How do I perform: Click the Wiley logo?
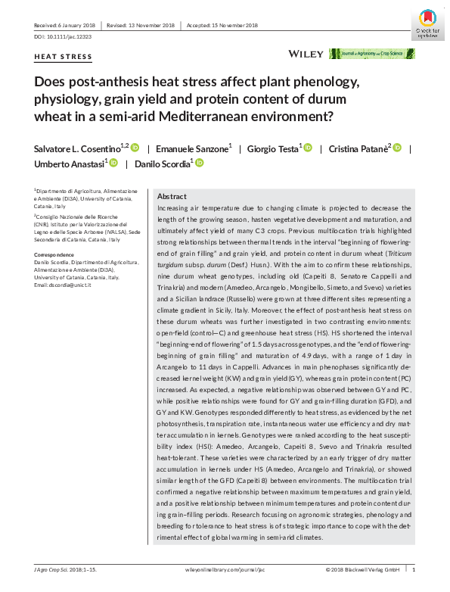[x=305, y=54]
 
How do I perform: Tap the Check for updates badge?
[x=427, y=21]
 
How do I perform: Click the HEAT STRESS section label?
[x=64, y=57]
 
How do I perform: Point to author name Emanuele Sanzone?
[x=194, y=148]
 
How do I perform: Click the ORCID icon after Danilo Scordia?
[x=200, y=164]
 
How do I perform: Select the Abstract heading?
[x=172, y=196]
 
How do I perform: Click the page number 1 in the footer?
[x=414, y=569]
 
